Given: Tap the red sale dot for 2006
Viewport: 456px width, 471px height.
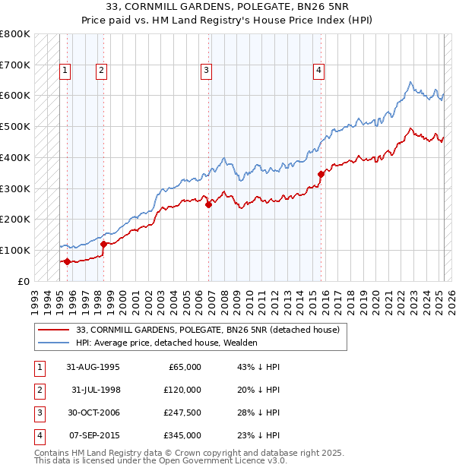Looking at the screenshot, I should click(x=208, y=204).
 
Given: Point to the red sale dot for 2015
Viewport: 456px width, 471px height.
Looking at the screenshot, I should click(x=321, y=174).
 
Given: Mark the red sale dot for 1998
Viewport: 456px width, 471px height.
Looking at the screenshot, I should click(x=103, y=244).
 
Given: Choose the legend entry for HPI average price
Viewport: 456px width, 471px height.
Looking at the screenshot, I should click(x=166, y=343).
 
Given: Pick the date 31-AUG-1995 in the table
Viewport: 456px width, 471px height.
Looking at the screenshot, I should click(x=90, y=367).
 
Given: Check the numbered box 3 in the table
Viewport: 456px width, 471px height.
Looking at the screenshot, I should click(x=38, y=413).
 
